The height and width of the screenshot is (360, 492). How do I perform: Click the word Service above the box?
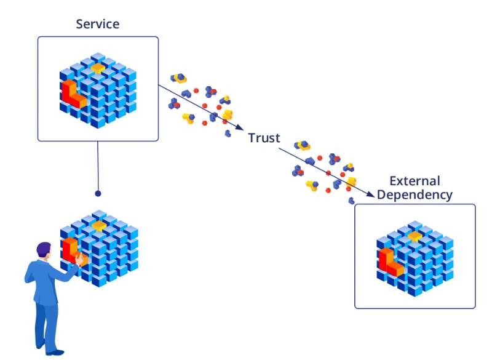tap(98, 25)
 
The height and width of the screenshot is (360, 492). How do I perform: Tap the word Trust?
tap(264, 138)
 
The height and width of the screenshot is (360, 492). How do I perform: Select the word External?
tap(415, 181)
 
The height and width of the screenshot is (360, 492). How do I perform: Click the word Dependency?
tap(415, 195)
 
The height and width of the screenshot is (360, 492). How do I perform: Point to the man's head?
tap(44, 250)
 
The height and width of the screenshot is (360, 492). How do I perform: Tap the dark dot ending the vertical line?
tap(98, 193)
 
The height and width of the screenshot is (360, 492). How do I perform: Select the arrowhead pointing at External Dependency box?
tap(370, 196)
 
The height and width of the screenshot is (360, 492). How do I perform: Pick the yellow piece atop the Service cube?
tap(97, 67)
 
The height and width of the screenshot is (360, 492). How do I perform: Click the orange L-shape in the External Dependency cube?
tap(389, 261)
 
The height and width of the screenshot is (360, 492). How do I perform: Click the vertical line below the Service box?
tap(98, 166)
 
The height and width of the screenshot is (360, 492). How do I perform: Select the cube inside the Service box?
tap(98, 92)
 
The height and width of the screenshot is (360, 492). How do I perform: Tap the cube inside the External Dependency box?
tap(415, 258)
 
